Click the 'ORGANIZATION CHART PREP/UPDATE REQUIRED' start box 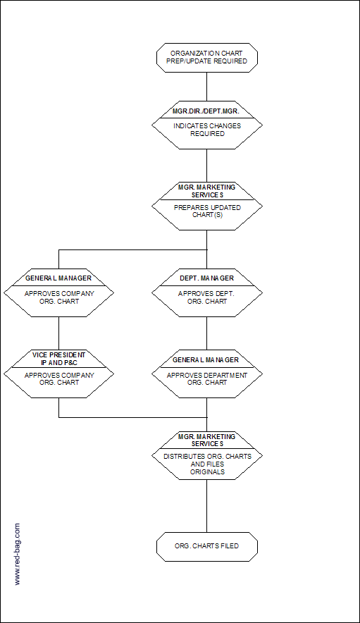pyautogui.click(x=206, y=58)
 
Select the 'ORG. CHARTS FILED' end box pyautogui.click(x=206, y=546)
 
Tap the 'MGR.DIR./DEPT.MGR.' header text pyautogui.click(x=206, y=112)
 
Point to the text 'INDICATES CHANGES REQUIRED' pyautogui.click(x=207, y=130)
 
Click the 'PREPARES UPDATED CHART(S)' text pyautogui.click(x=207, y=211)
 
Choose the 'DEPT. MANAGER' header pyautogui.click(x=206, y=278)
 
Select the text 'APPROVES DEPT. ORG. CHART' pyautogui.click(x=206, y=297)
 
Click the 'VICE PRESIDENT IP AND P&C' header pyautogui.click(x=58, y=359)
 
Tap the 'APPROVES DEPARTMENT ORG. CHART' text pyautogui.click(x=207, y=378)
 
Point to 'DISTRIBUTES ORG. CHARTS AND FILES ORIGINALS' pyautogui.click(x=207, y=464)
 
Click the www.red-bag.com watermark pyautogui.click(x=17, y=554)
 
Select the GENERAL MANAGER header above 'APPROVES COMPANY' pyautogui.click(x=58, y=278)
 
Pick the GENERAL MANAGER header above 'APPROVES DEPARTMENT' pyautogui.click(x=206, y=359)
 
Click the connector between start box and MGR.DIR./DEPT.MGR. pyautogui.click(x=206, y=87)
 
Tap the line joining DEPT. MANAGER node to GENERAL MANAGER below pyautogui.click(x=206, y=333)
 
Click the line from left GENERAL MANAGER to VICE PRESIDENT pyautogui.click(x=58, y=333)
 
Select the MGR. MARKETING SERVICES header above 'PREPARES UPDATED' pyautogui.click(x=206, y=191)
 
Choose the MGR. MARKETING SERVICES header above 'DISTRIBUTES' pyautogui.click(x=206, y=440)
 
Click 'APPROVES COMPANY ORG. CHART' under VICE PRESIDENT pyautogui.click(x=59, y=378)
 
